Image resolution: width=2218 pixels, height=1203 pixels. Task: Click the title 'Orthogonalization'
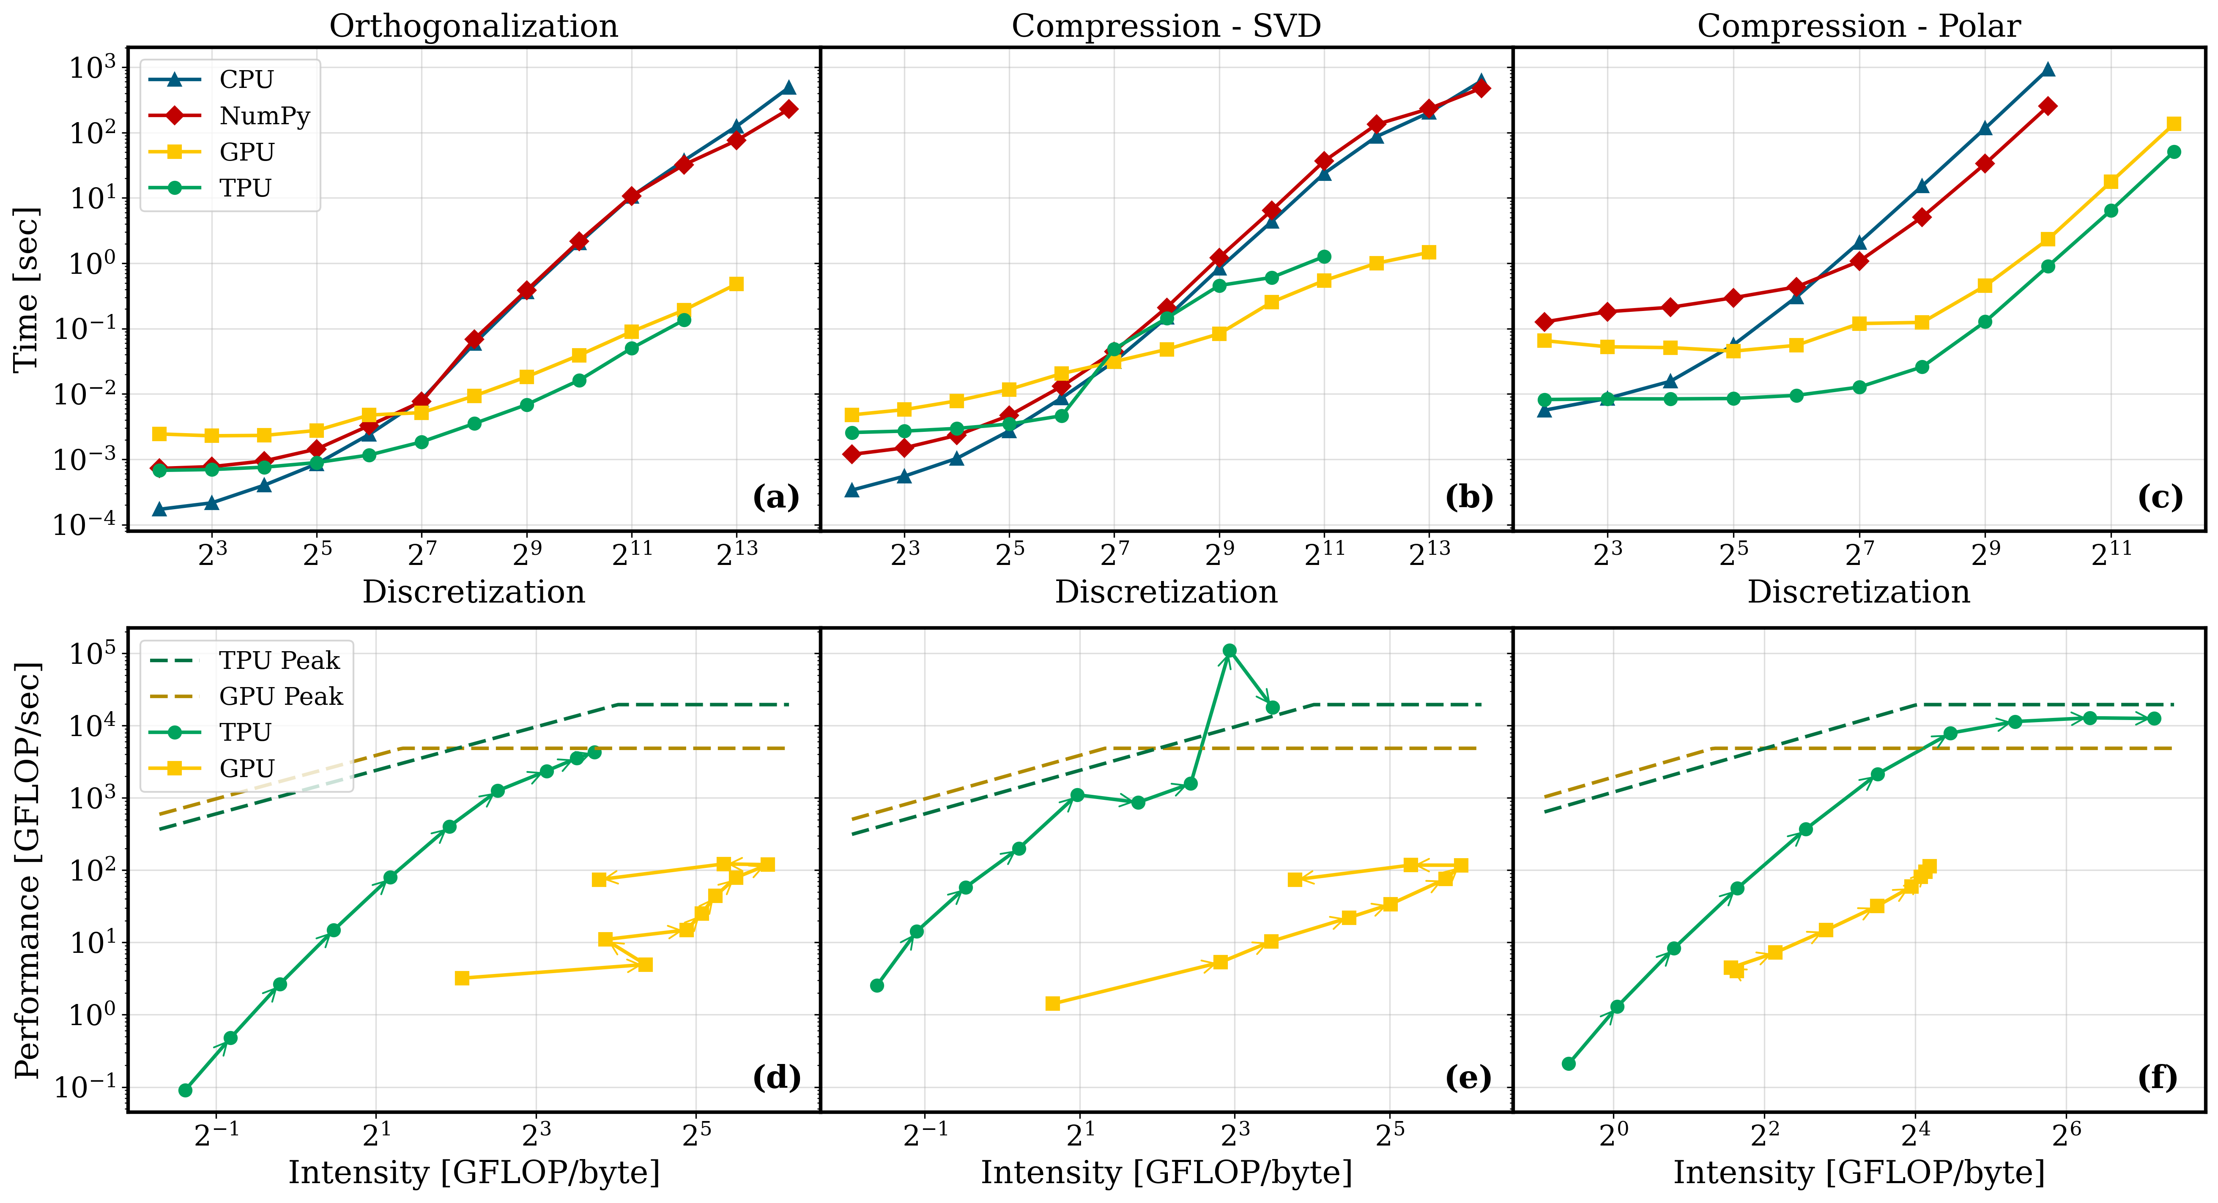tap(474, 26)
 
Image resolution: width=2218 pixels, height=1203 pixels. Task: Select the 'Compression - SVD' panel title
tap(1166, 26)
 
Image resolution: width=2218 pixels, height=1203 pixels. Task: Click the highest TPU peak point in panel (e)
tap(1229, 651)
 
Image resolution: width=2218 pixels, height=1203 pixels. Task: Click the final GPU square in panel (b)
tap(1429, 252)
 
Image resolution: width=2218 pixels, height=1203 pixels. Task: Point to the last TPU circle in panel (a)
tap(684, 320)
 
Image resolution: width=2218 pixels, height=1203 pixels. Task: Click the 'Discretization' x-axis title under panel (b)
tap(1166, 592)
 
